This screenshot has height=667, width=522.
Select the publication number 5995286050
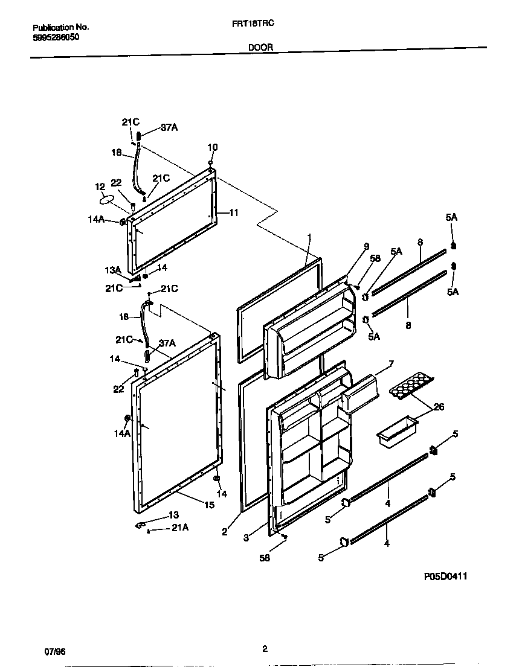coord(56,37)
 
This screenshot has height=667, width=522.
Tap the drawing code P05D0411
coord(445,576)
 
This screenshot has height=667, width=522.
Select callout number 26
coord(439,407)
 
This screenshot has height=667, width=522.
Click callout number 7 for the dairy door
coord(391,363)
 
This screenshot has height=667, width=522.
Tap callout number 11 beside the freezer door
coord(234,212)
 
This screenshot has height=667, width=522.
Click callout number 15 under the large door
coord(208,505)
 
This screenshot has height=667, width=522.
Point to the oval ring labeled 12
coord(106,199)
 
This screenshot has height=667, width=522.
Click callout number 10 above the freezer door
coord(213,147)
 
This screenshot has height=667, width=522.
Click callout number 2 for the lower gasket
coord(224,532)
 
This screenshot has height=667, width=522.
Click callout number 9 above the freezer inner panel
coord(366,246)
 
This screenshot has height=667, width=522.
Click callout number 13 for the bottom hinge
coord(173,515)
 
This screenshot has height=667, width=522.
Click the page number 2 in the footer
coord(265,649)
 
